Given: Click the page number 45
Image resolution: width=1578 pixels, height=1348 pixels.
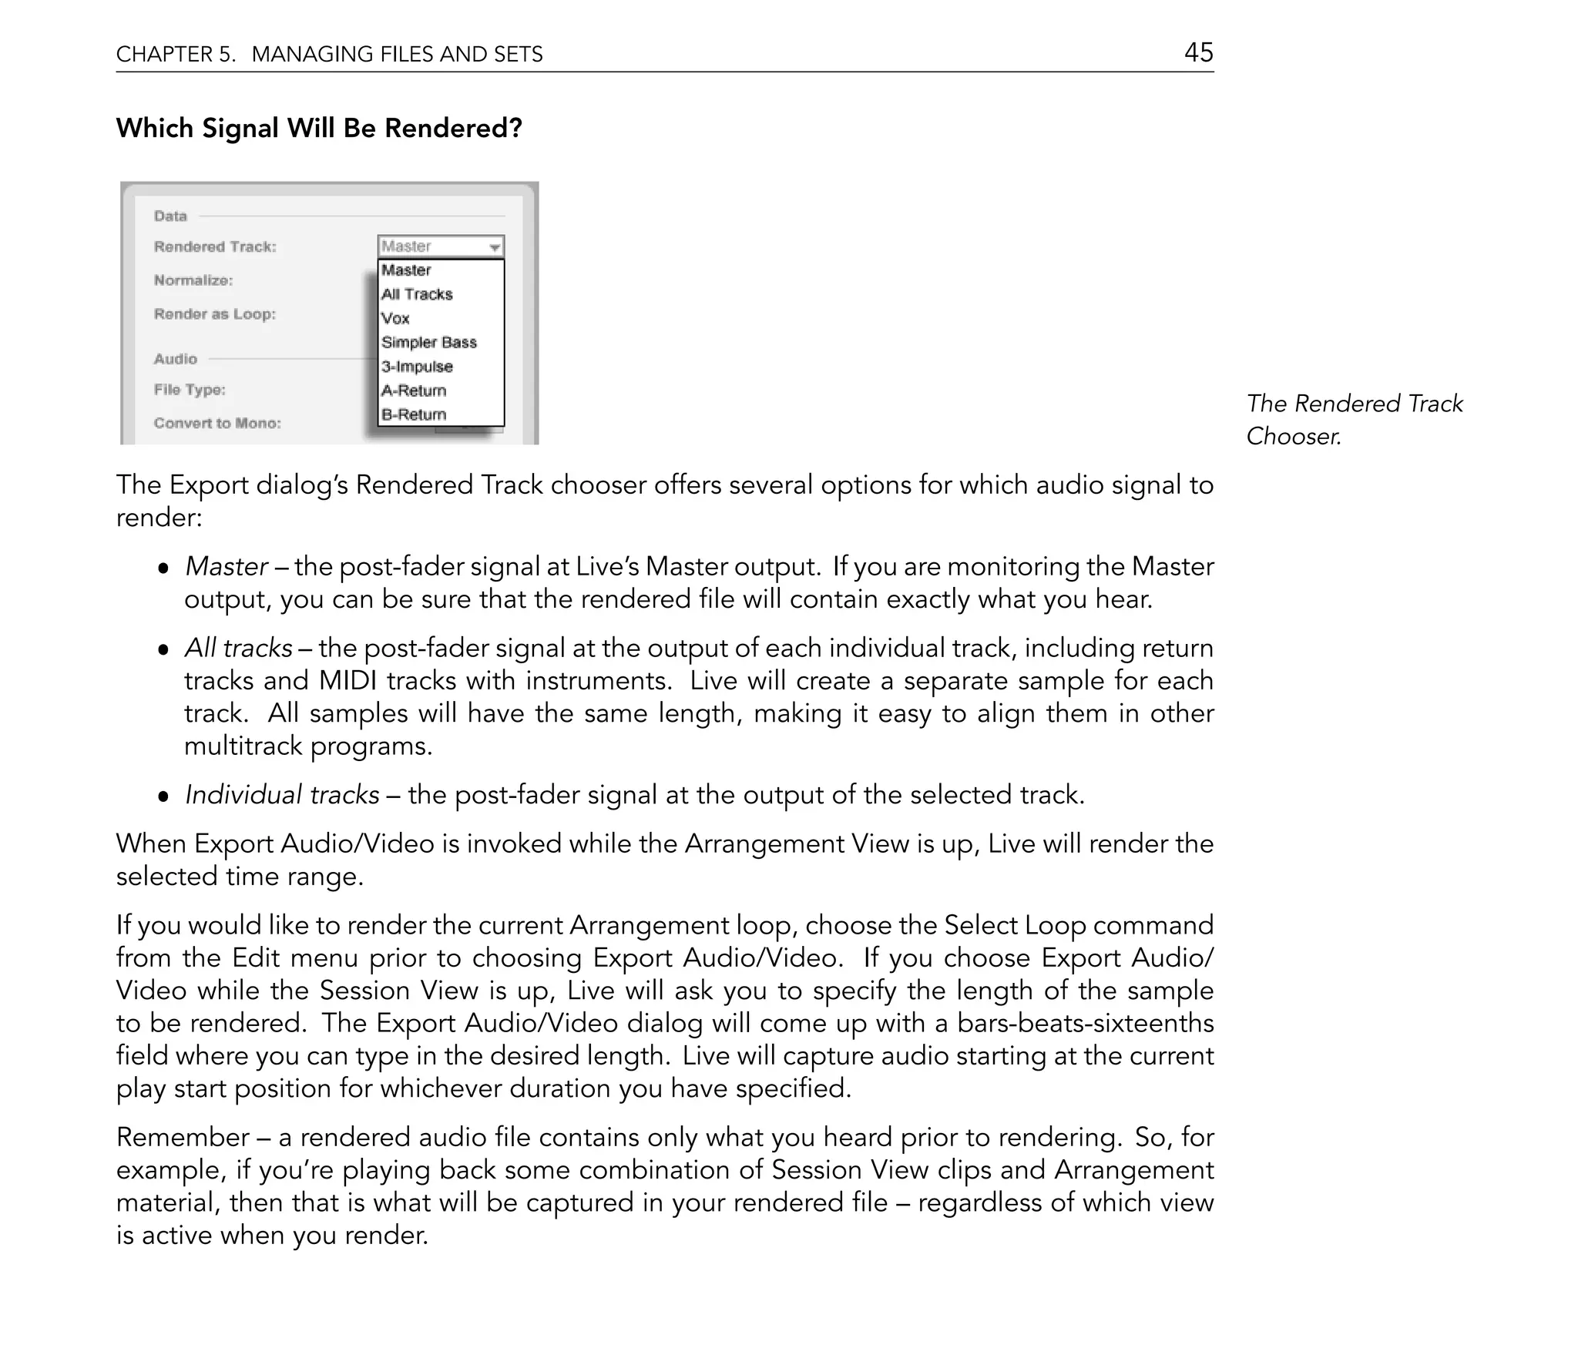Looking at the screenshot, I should point(1198,52).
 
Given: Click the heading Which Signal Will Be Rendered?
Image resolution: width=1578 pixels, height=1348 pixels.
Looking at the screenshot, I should point(319,128).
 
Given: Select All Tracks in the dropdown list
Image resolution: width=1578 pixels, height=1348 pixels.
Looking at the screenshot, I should point(417,294).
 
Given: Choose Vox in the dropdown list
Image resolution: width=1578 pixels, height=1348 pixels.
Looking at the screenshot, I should point(395,318).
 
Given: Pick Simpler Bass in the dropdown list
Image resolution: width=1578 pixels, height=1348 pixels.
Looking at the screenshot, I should point(429,342).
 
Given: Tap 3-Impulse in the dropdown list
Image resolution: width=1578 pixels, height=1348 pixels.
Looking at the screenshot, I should point(417,367).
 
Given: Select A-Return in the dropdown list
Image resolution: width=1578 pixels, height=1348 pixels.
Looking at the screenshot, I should point(414,391).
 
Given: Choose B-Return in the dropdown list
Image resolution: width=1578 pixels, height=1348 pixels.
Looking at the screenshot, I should point(414,414).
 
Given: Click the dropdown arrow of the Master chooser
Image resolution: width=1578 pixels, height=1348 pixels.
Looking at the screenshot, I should point(495,247).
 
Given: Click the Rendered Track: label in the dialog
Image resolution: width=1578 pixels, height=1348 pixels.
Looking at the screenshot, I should point(215,246).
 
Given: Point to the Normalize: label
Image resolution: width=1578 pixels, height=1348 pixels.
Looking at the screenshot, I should point(193,280).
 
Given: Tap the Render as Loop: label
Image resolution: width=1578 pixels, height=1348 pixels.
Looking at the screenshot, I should point(215,314).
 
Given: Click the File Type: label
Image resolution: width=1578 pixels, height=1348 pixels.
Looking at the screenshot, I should point(190,390).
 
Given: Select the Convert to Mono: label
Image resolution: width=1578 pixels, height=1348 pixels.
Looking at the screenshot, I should point(217,423).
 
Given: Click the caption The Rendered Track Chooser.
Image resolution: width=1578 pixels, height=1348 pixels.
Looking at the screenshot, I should point(1354,419).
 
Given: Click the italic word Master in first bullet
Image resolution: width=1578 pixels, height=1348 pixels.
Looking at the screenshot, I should point(227,567).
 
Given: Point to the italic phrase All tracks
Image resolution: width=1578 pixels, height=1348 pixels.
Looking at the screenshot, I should point(238,649).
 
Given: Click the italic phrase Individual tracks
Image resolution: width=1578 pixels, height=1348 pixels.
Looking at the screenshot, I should point(282,795).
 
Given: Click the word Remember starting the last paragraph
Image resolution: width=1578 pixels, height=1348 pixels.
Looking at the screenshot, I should point(183,1137).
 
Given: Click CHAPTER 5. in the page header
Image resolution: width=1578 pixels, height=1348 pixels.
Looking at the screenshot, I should point(176,54).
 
